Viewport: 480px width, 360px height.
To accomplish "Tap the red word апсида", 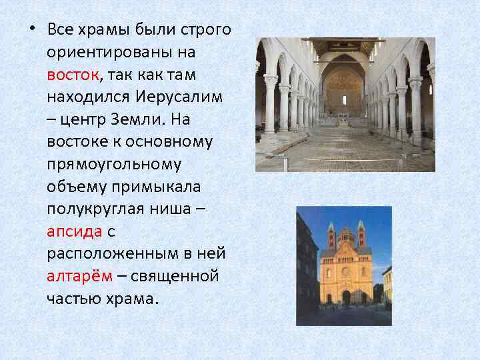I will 74,231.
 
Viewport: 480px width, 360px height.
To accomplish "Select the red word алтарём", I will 79,276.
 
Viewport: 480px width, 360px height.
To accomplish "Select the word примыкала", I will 150,186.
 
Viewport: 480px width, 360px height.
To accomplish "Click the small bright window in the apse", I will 344,100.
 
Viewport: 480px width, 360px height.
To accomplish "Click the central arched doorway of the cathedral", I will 346,296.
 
